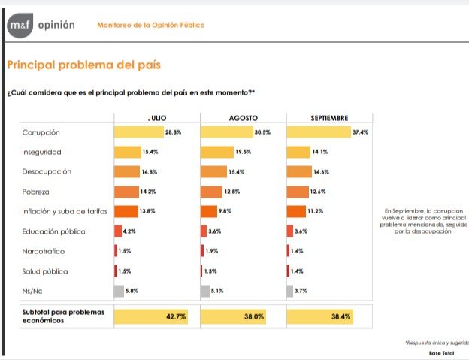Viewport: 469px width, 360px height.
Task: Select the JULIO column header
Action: [x=157, y=119]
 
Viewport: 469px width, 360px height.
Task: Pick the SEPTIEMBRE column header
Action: [x=330, y=119]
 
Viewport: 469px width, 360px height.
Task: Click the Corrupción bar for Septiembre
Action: [x=319, y=132]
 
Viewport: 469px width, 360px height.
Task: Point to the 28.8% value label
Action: [x=174, y=132]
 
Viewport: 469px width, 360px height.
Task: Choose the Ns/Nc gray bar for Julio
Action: [x=119, y=290]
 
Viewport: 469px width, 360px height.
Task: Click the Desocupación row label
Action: [x=47, y=172]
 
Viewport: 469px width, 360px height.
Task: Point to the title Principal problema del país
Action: [x=83, y=65]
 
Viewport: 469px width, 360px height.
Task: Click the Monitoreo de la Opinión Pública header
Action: [x=151, y=26]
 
